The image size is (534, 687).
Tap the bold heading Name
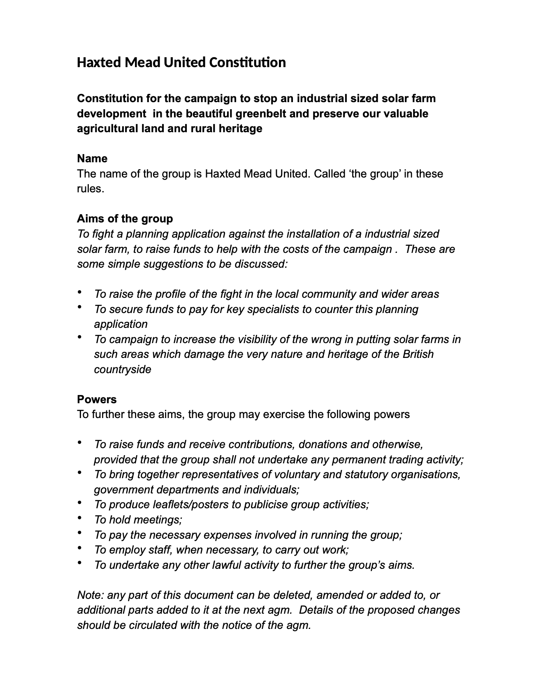(92, 159)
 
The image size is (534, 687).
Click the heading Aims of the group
(125, 218)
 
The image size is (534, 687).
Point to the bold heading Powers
(97, 399)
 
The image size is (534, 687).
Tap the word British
(418, 354)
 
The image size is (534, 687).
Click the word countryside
(123, 369)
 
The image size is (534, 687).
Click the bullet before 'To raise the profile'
(79, 292)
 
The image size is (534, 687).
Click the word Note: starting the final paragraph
(91, 595)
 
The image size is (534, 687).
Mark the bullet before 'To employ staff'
(79, 548)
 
